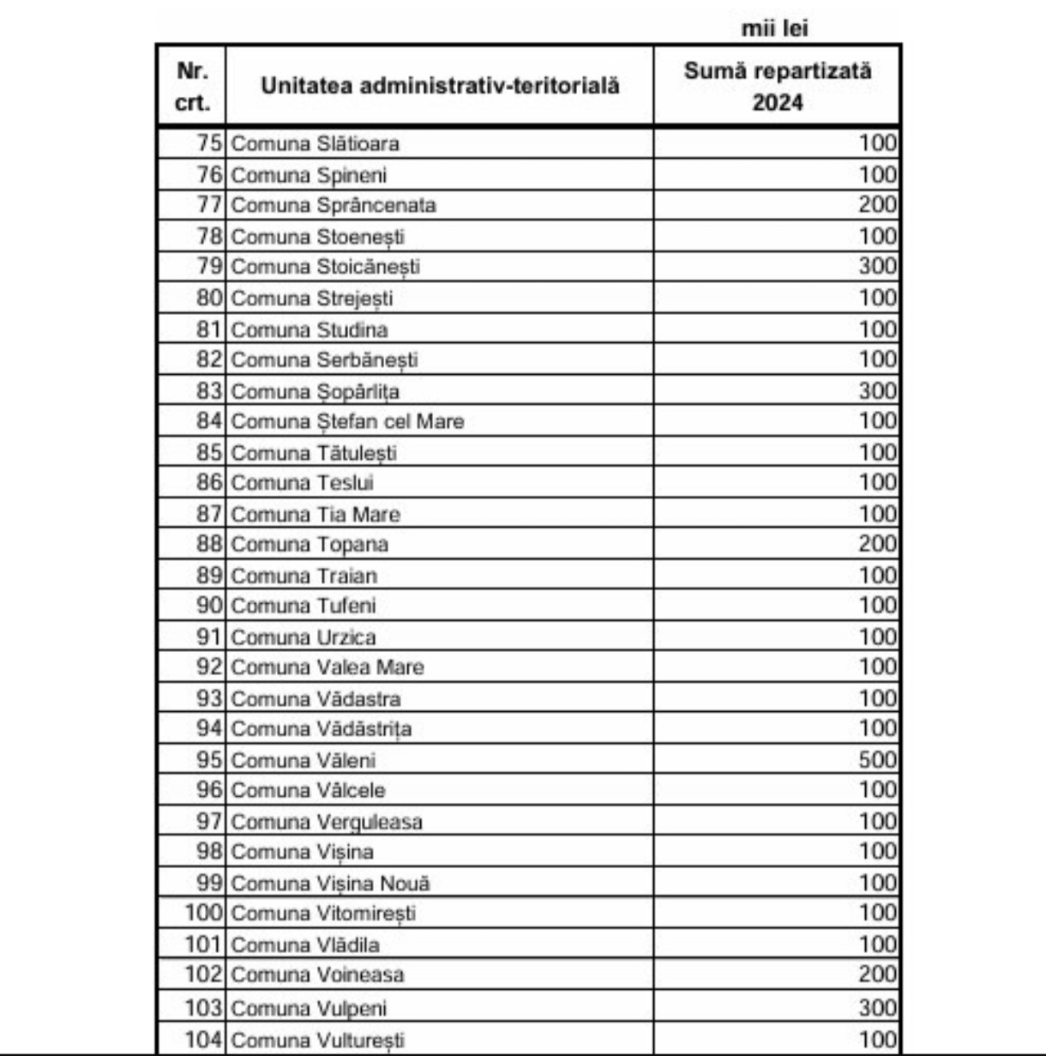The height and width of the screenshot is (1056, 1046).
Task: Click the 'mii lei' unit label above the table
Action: coord(774,28)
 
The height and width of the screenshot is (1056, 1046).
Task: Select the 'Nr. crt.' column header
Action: coord(192,86)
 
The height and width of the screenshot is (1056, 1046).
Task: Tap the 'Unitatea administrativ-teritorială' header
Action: coord(440,86)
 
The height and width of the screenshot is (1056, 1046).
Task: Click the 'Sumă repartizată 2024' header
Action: coord(777,86)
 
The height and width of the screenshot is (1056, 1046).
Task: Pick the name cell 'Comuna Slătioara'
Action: coord(315,143)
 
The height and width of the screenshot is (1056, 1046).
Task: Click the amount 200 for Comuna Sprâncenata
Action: coord(877,205)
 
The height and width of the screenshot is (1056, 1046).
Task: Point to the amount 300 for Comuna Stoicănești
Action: coord(877,267)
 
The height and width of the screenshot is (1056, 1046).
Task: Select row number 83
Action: coord(209,391)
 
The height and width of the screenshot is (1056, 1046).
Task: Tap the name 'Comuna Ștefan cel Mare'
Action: coord(347,421)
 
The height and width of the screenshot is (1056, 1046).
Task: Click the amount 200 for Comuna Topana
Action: coord(877,544)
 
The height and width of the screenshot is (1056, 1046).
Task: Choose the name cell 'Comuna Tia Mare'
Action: coord(316,514)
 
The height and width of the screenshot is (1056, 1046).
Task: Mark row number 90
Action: coord(209,606)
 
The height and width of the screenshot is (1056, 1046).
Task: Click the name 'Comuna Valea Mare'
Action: coord(328,667)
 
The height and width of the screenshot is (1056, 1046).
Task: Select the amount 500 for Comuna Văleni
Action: coord(877,760)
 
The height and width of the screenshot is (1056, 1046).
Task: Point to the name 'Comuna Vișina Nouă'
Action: coord(330,883)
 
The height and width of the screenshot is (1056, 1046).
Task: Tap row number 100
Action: coord(204,913)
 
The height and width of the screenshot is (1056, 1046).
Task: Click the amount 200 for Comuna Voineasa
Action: coord(877,975)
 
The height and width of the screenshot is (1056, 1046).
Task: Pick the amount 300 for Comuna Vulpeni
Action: coord(877,1007)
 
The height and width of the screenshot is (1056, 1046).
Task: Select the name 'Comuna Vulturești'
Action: coord(317,1041)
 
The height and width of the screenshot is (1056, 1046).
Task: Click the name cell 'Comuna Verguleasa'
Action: coord(327,822)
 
